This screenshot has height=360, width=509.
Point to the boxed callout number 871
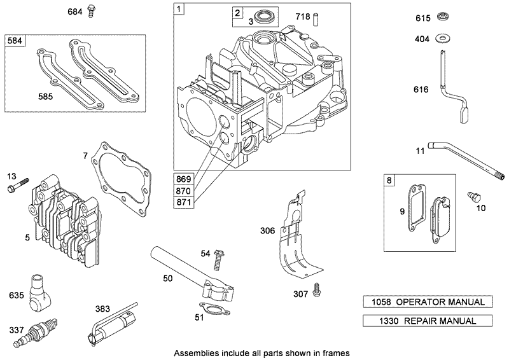(x=185, y=202)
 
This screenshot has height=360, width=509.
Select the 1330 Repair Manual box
(x=420, y=321)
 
